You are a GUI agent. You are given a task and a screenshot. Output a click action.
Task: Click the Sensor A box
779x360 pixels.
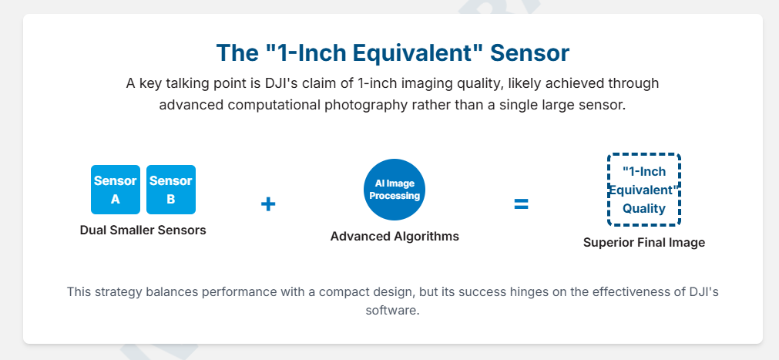click(116, 190)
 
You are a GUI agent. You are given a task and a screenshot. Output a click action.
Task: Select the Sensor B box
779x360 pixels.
click(171, 190)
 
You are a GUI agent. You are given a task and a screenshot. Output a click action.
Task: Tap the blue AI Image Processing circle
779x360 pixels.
click(395, 190)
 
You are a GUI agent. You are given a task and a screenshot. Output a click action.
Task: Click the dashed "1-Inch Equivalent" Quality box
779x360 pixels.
click(644, 190)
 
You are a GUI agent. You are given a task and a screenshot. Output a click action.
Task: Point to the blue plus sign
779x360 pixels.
click(268, 204)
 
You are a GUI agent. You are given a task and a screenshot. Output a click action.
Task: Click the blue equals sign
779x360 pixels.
click(521, 204)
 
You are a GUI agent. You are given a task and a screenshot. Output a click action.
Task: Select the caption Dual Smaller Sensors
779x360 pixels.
click(143, 230)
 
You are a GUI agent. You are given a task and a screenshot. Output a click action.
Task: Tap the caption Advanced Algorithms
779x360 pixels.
click(395, 236)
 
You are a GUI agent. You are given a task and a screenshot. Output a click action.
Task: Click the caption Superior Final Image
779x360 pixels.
click(644, 243)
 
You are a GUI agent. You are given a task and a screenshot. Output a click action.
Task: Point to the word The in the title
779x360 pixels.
click(234, 53)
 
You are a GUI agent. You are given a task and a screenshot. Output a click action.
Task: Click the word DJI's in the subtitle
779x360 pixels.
click(284, 83)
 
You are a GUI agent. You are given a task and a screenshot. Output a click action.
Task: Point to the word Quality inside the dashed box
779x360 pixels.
click(644, 209)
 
